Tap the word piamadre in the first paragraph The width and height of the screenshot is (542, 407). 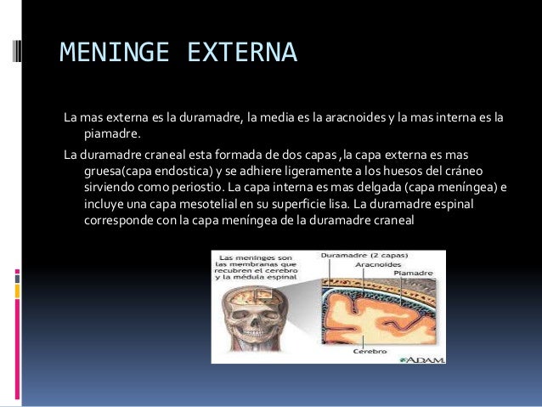click(x=110, y=133)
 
